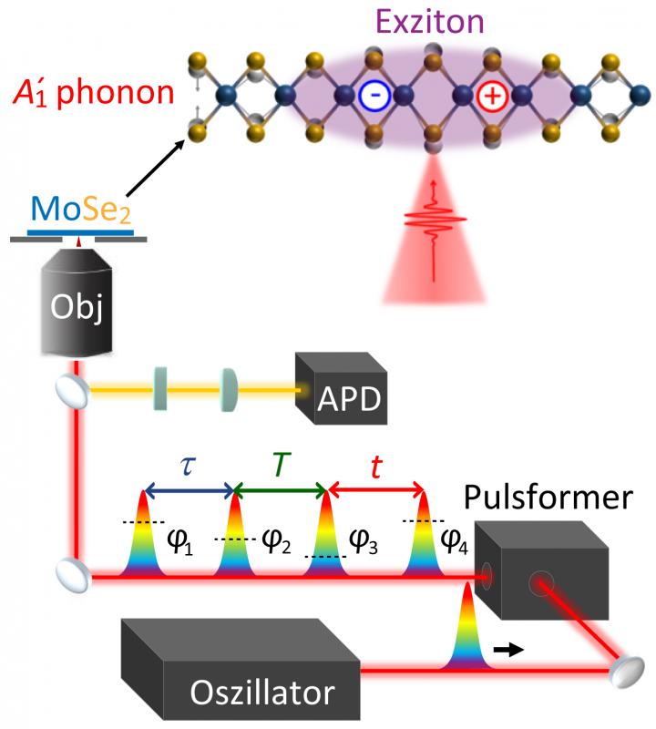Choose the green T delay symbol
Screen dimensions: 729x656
[281, 466]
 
